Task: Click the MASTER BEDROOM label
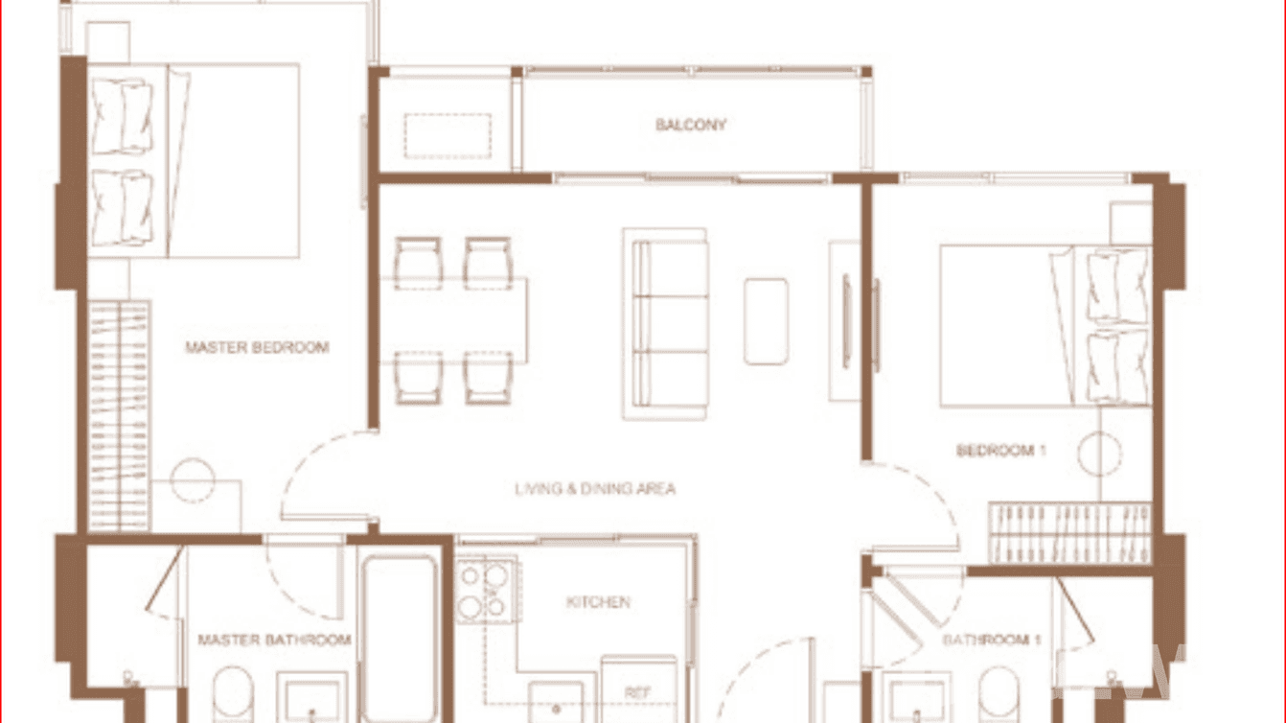[x=257, y=347]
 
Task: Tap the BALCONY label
[x=691, y=125]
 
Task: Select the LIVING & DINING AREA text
[x=595, y=489]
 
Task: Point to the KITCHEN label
[x=598, y=602]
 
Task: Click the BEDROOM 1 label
[x=1000, y=450]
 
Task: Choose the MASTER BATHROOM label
[x=274, y=640]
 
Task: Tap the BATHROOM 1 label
[x=991, y=640]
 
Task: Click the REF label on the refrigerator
[x=638, y=692]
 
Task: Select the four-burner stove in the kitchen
[x=483, y=590]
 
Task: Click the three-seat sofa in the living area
[x=665, y=323]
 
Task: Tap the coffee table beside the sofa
[x=766, y=321]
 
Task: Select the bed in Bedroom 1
[x=1045, y=326]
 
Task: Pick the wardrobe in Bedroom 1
[x=1069, y=532]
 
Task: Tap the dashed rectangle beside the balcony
[x=448, y=135]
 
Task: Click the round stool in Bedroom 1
[x=1099, y=454]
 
